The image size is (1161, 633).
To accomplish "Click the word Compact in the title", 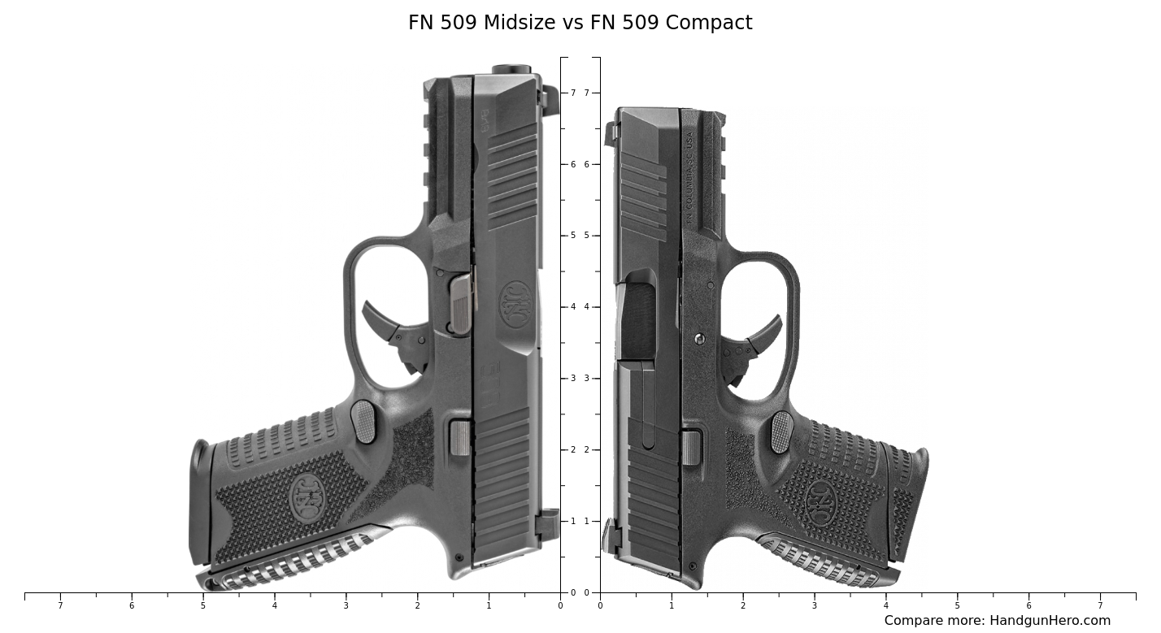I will tap(709, 23).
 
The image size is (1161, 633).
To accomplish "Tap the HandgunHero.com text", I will tap(1049, 621).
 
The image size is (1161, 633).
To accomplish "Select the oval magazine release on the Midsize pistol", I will tap(363, 422).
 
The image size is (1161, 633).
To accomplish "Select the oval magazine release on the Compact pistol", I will tap(782, 431).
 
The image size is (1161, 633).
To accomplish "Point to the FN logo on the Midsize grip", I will tap(307, 496).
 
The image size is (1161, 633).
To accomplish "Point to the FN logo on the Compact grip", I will tap(821, 501).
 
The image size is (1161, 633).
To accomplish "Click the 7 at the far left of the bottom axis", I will tap(60, 605).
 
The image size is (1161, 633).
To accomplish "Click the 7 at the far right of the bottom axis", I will tap(1100, 605).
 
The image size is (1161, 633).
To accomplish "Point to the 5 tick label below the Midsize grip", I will tap(203, 605).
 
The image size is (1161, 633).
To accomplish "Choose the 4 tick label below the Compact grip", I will tap(885, 605).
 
